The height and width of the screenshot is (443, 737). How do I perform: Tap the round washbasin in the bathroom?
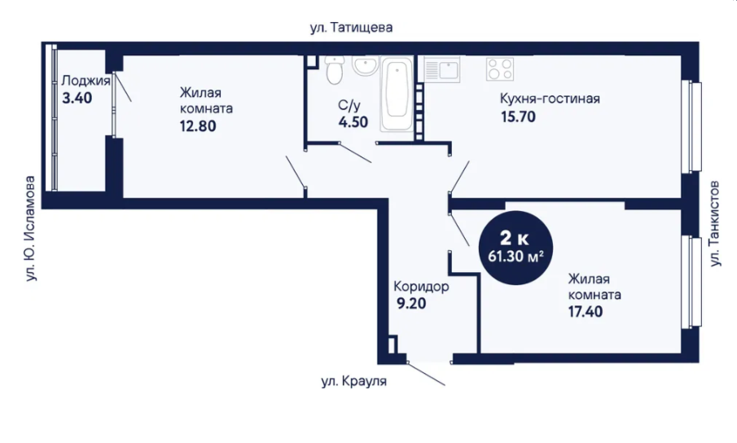(x=365, y=65)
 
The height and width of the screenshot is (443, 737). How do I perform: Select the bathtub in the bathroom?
(x=397, y=94)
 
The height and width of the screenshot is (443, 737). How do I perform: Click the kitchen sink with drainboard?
(x=441, y=69)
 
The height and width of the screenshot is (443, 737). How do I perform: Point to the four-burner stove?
(x=500, y=69)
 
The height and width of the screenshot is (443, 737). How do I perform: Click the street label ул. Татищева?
(x=351, y=28)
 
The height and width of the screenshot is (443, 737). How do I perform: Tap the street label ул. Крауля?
(x=354, y=381)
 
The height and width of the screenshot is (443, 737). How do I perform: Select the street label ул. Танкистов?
(x=714, y=224)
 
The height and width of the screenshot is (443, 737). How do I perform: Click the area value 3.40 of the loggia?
(x=77, y=99)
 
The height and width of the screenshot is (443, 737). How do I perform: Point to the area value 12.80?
(x=198, y=126)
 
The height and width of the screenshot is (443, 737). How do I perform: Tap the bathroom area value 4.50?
(x=353, y=121)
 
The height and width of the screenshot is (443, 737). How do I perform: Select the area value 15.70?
(x=518, y=116)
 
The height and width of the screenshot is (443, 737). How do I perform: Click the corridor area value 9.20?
(x=411, y=304)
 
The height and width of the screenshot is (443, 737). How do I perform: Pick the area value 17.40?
(x=586, y=311)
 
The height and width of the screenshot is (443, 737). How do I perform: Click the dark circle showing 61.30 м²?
(x=515, y=248)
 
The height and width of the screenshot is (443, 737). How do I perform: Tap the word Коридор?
(x=421, y=286)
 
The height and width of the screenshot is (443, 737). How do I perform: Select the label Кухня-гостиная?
(x=550, y=99)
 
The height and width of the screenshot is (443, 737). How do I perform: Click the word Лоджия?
(x=86, y=81)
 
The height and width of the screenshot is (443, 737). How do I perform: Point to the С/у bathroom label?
(x=349, y=105)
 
